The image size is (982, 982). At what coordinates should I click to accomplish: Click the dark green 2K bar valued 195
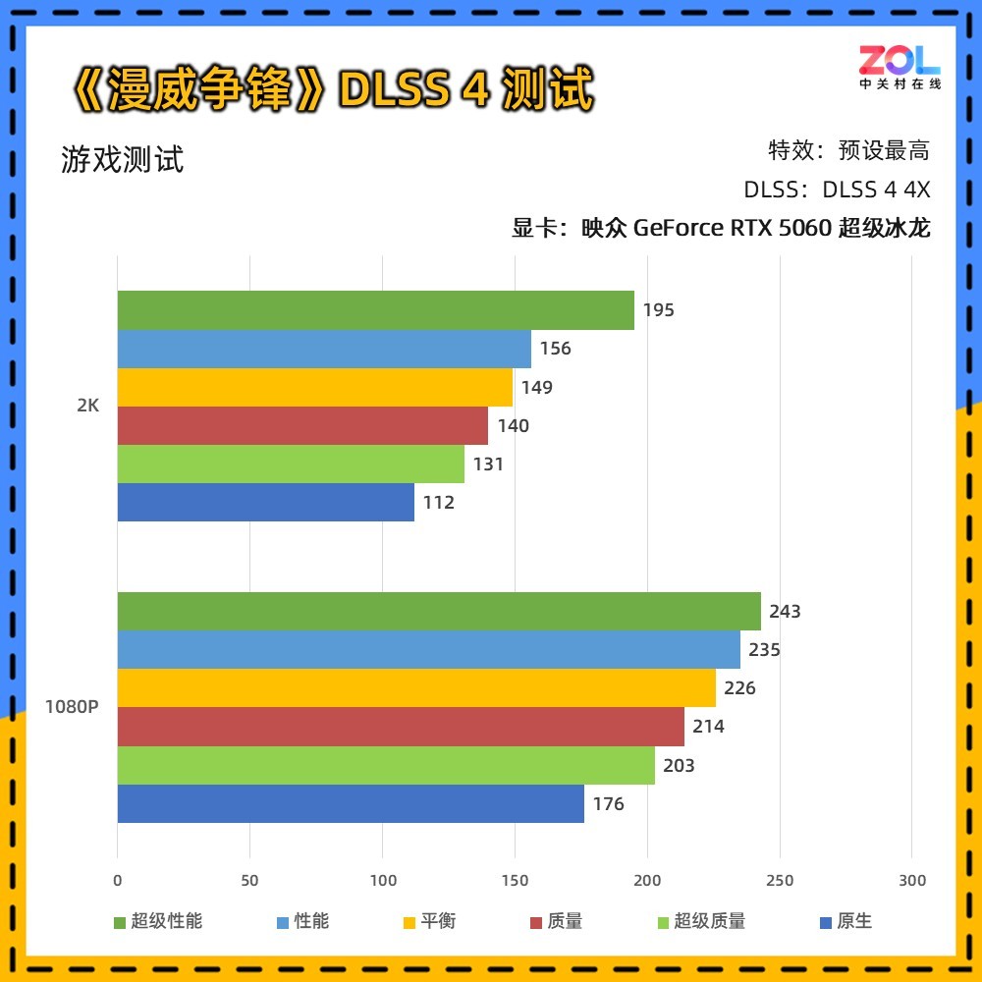[375, 310]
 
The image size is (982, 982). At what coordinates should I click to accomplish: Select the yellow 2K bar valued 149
[314, 387]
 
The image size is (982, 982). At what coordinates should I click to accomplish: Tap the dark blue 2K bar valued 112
[265, 503]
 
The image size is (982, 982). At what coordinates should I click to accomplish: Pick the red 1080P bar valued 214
[401, 727]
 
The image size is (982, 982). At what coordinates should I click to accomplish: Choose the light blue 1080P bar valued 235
[428, 649]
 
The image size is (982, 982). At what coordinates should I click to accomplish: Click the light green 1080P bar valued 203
[386, 765]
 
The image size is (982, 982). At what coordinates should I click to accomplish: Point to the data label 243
[785, 612]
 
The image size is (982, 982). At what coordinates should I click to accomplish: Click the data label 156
[555, 349]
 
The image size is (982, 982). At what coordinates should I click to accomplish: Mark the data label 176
[608, 804]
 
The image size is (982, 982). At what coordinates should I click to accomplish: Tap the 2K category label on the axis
[88, 406]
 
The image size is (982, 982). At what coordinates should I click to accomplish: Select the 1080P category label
[72, 707]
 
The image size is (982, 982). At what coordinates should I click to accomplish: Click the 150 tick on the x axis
[515, 881]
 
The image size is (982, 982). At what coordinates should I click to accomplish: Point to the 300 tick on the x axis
[912, 881]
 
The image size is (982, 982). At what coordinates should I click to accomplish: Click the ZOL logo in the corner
[900, 66]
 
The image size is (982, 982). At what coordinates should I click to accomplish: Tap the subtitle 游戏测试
[123, 159]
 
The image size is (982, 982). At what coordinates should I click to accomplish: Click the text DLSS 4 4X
[876, 190]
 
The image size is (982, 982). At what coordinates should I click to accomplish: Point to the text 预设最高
[884, 150]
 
